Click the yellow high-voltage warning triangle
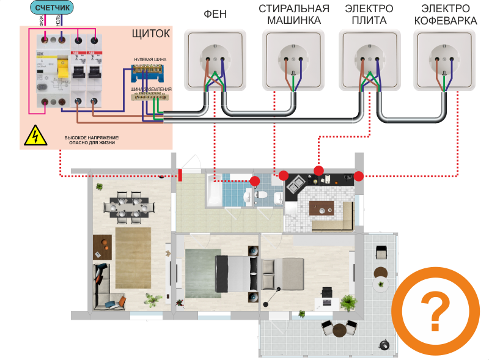[35, 136]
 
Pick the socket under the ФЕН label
[215, 59]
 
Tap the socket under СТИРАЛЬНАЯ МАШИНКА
[292, 59]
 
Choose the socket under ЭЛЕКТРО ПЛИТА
[368, 59]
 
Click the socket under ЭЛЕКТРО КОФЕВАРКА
[444, 59]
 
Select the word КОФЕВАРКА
[445, 20]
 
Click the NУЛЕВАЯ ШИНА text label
[150, 59]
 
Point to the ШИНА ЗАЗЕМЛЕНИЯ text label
[151, 89]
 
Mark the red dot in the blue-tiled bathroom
[254, 181]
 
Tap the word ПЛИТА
[369, 20]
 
